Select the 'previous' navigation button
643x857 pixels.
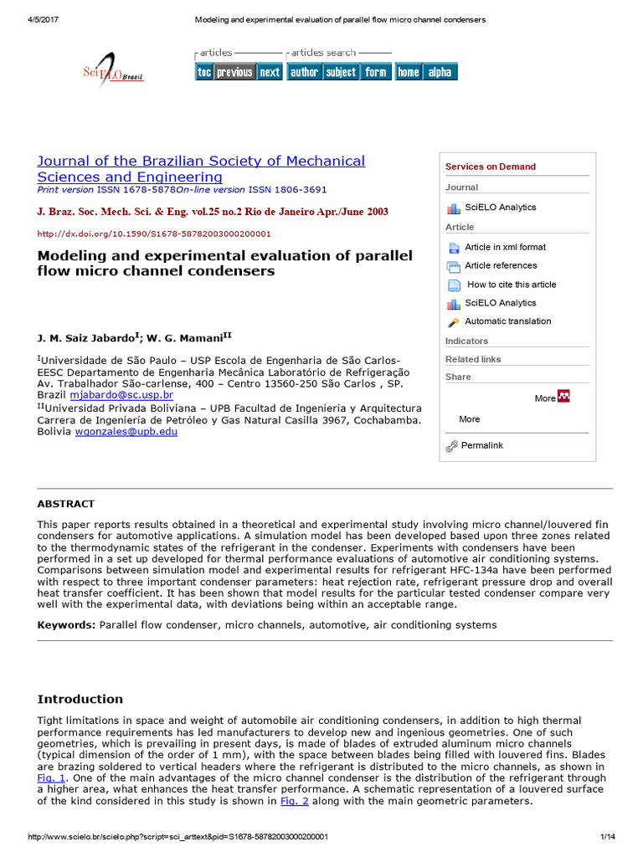(x=234, y=72)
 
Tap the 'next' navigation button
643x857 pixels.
(x=270, y=72)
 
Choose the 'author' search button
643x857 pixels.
(x=304, y=72)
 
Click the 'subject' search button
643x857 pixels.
(x=341, y=72)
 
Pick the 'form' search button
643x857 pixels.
(x=376, y=72)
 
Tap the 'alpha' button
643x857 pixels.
(x=440, y=72)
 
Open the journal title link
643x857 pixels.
(x=201, y=168)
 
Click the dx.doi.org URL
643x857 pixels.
(x=154, y=233)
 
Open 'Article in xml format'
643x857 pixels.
(x=505, y=247)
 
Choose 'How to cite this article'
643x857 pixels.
(x=511, y=285)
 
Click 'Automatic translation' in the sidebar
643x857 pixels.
(x=507, y=321)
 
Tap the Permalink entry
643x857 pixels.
(x=481, y=445)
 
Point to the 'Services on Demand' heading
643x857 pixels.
(x=490, y=167)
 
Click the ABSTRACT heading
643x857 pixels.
(x=66, y=504)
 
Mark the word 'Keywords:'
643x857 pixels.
(x=66, y=624)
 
